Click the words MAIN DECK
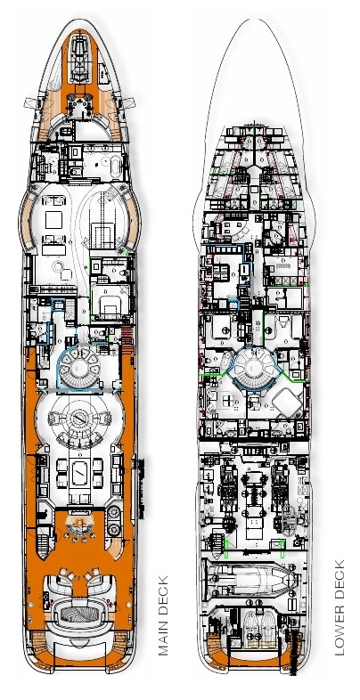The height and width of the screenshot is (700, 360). (163, 615)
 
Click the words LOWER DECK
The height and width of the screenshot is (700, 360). (340, 607)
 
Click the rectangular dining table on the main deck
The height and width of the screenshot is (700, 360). (80, 474)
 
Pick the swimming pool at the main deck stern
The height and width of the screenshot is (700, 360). (78, 614)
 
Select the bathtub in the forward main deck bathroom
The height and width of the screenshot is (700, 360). (115, 167)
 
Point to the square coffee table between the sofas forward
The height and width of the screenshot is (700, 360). (53, 220)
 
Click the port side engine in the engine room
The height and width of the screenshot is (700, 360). (228, 486)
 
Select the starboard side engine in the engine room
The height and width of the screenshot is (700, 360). (280, 486)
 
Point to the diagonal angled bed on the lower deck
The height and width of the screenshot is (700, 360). (287, 403)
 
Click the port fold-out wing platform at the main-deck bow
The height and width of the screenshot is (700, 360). (30, 103)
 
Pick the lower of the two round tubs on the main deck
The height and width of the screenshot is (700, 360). (114, 530)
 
